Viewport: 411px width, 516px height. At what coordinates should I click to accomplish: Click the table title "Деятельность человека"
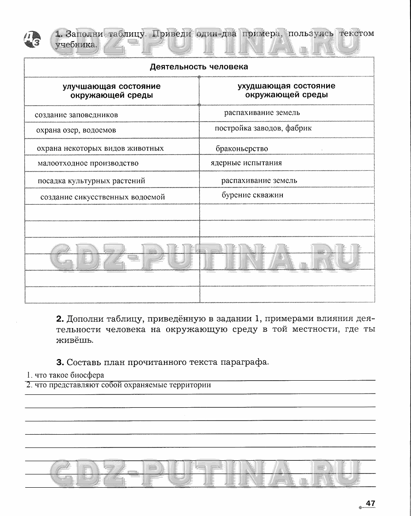[199, 67]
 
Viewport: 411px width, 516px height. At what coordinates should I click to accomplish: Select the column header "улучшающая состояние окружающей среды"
[111, 91]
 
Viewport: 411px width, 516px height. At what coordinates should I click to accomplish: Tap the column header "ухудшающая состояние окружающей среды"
[286, 90]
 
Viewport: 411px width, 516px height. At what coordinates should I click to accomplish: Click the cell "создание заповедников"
[76, 115]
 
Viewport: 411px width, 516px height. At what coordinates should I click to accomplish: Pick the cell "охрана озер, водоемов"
[76, 130]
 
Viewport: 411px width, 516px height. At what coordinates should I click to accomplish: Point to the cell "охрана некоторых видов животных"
[100, 148]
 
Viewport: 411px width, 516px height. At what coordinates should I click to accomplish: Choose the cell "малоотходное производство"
[88, 163]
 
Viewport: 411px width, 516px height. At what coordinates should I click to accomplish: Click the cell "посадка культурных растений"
[91, 180]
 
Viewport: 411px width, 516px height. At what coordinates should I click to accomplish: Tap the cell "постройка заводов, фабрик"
[263, 128]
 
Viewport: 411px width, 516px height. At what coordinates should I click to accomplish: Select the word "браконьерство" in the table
[242, 149]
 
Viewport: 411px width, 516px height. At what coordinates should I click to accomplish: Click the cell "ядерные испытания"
[246, 163]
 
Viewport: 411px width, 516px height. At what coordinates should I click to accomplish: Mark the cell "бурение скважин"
[252, 195]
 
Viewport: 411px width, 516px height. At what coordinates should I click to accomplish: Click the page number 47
[370, 503]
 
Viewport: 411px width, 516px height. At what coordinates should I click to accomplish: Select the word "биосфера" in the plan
[89, 375]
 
